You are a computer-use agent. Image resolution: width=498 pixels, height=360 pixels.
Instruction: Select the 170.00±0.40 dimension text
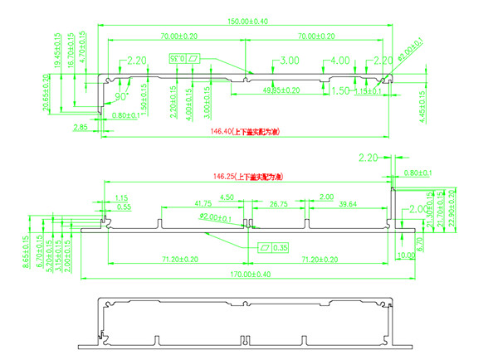tap(247, 274)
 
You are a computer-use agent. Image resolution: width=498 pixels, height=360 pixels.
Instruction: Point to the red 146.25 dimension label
tap(247, 177)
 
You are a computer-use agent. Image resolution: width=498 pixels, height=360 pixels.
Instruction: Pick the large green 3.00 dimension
tap(290, 61)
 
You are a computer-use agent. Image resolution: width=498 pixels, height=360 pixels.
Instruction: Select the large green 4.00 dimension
tap(339, 61)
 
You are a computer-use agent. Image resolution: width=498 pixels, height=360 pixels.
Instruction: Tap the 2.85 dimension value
tap(81, 127)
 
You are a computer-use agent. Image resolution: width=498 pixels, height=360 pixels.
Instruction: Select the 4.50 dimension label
tap(227, 197)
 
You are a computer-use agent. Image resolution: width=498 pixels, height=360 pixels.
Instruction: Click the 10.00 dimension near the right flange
tap(406, 255)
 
